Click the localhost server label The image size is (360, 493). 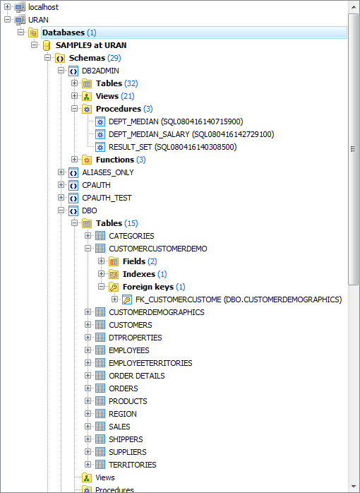(43, 7)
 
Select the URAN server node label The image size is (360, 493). (38, 20)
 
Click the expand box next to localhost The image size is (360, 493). (8, 6)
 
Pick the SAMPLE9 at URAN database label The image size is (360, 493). (91, 45)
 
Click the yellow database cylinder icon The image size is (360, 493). (47, 45)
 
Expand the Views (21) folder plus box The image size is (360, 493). (74, 95)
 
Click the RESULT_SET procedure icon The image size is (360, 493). (100, 147)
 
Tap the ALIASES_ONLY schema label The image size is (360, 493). (108, 172)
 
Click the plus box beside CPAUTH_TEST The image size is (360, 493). (61, 198)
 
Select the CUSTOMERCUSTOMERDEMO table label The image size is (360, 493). (158, 249)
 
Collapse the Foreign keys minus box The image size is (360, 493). (101, 287)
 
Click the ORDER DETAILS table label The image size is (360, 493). (137, 376)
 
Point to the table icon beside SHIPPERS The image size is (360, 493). (100, 439)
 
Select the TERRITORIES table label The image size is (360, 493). (133, 465)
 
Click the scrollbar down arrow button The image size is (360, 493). (354, 487)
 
